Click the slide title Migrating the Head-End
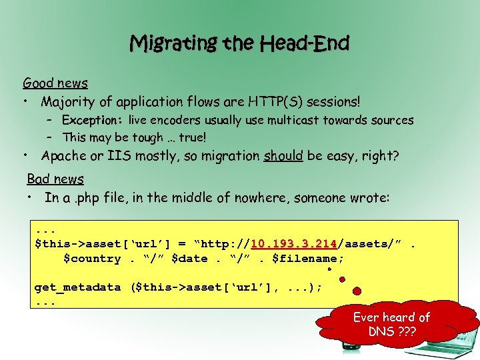239,44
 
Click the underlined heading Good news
55,83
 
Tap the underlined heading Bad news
55,179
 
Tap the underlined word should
283,156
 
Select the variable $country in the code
92,259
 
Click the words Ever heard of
391,317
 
